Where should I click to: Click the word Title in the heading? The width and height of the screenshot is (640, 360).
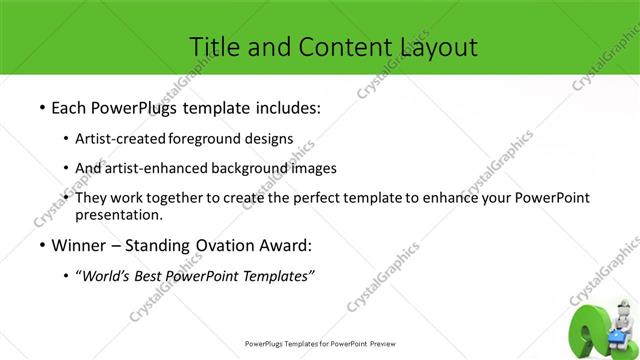tap(213, 46)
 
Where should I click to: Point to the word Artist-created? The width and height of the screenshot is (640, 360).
tap(121, 138)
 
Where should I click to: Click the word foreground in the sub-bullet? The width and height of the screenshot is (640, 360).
tap(208, 138)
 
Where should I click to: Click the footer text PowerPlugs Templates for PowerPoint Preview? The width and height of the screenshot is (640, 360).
tap(320, 343)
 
